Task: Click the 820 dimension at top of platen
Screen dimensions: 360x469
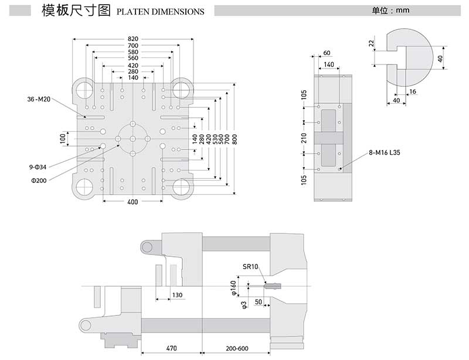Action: pos(133,39)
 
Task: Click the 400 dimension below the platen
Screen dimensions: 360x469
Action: pos(132,202)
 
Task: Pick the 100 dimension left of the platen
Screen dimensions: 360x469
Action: pos(63,138)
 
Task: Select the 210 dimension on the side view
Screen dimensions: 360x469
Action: pos(304,138)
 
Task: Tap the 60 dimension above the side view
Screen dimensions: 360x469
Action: pos(327,53)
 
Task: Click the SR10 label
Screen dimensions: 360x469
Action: pos(250,267)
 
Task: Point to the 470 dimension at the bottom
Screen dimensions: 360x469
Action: pos(171,348)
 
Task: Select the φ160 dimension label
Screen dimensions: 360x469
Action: pos(233,287)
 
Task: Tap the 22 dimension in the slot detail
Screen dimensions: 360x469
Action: pos(372,43)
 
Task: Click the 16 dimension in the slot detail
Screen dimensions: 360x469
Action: pos(413,92)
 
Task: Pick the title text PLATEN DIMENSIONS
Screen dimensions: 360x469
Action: pos(161,12)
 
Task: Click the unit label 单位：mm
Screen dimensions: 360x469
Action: pos(390,11)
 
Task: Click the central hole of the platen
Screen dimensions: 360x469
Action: pos(133,138)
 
